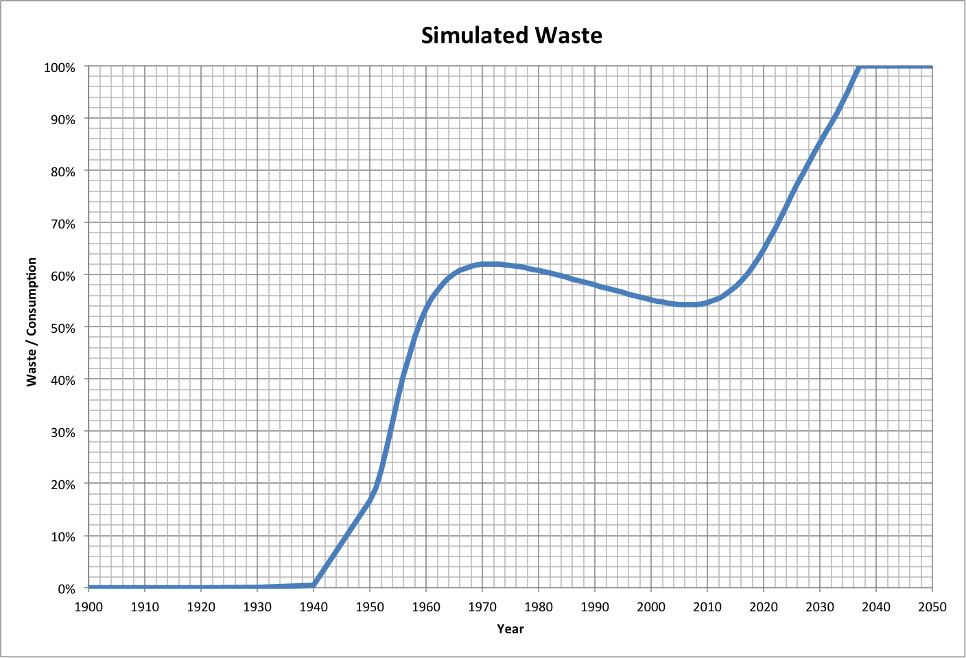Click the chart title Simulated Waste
point(511,35)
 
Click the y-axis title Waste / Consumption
point(32,322)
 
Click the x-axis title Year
point(510,628)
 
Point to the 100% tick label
point(60,67)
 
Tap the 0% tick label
point(67,589)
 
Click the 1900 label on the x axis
point(89,607)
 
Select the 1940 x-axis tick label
point(314,607)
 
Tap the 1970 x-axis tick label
point(482,607)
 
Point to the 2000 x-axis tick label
point(651,607)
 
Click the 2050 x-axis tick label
point(932,607)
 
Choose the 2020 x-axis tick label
point(764,607)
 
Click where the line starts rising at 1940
point(314,585)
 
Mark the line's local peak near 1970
point(488,264)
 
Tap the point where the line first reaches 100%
point(859,67)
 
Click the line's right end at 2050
point(932,67)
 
